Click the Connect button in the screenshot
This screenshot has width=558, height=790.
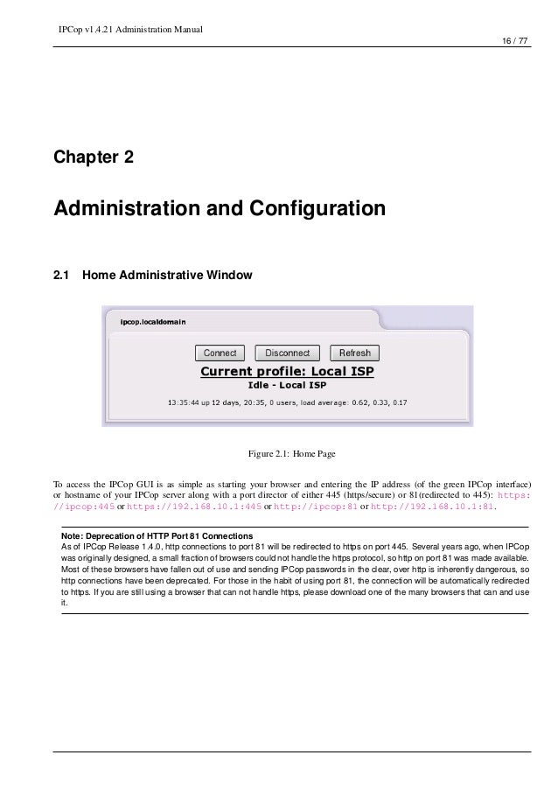pos(220,353)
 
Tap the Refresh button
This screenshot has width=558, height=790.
pos(355,353)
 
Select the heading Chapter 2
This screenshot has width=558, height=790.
pos(94,158)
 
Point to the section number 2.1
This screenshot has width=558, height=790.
pos(61,276)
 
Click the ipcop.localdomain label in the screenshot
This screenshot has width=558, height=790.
pos(152,322)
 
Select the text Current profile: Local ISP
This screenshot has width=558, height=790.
pos(288,372)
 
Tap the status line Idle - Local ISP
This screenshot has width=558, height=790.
pos(288,386)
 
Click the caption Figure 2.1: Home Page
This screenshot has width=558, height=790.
pos(291,454)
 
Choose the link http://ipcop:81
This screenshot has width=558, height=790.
pos(317,506)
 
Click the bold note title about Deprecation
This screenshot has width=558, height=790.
pos(157,535)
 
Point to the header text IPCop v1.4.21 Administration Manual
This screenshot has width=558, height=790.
pos(130,31)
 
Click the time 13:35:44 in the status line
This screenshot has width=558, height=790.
pos(185,403)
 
